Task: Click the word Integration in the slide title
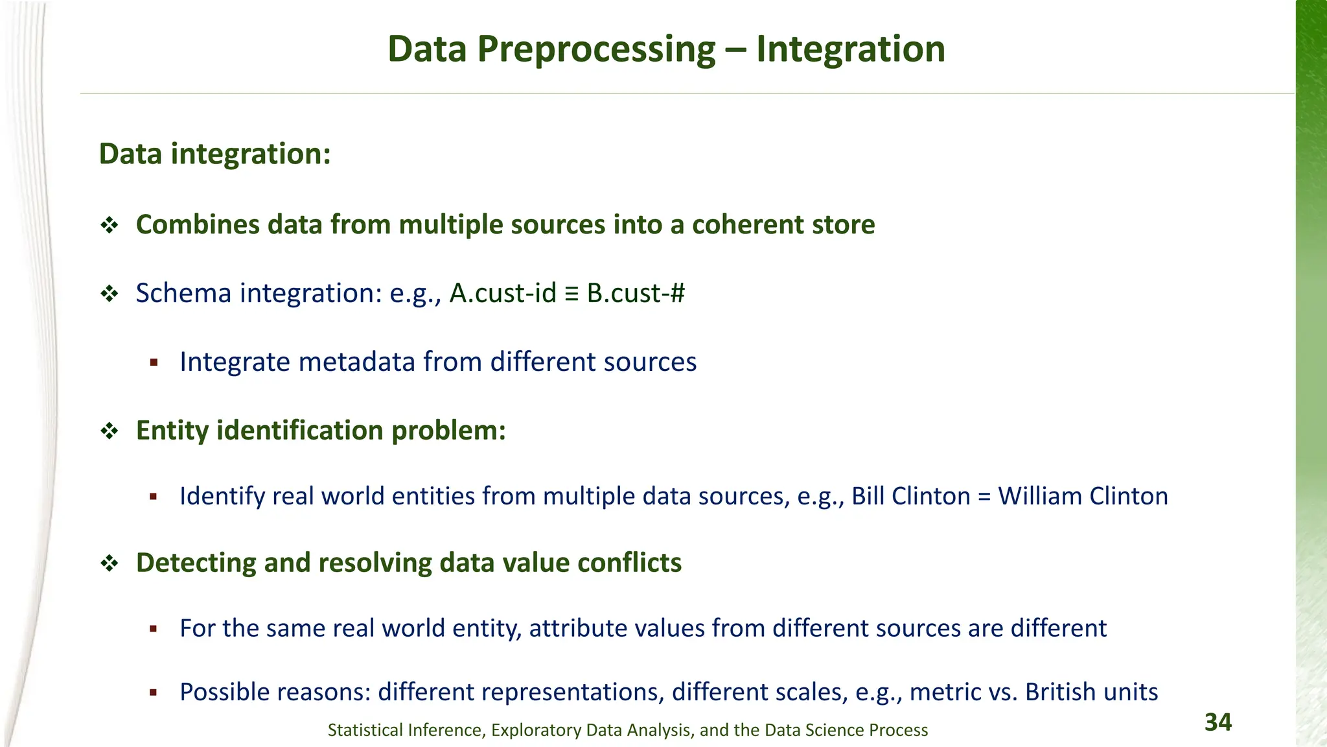click(850, 49)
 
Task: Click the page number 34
click(1217, 722)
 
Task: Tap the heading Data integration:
click(214, 154)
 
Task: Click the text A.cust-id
click(503, 293)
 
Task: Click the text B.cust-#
click(636, 293)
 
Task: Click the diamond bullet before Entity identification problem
click(109, 431)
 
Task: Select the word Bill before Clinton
click(868, 496)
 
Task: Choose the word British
click(1058, 692)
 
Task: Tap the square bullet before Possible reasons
click(154, 693)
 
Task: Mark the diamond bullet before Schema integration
click(109, 294)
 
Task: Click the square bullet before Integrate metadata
click(154, 362)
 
